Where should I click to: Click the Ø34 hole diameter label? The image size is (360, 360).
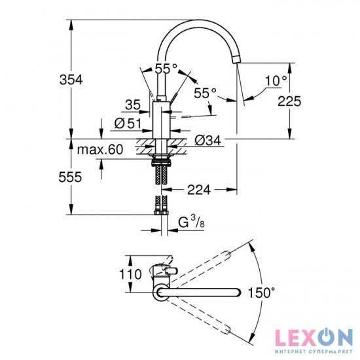point(207,139)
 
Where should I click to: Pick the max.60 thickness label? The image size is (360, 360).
point(99,150)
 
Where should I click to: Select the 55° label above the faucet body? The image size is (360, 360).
point(166,68)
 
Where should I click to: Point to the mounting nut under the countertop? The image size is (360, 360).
point(162,158)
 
